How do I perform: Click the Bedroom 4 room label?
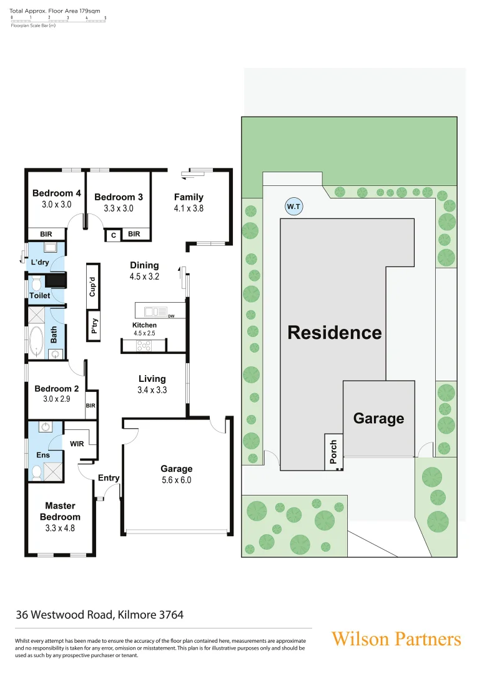point(57,193)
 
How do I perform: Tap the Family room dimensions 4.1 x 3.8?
point(189,209)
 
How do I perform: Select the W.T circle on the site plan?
point(292,206)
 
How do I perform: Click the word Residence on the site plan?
point(334,333)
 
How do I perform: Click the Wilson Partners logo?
point(396,639)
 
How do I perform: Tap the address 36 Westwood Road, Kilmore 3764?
point(100,615)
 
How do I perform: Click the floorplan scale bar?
point(58,20)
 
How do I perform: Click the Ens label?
point(43,456)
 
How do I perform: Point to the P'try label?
point(94,327)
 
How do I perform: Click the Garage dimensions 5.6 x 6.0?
point(176,480)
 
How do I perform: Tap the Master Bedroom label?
point(60,511)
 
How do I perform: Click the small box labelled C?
point(113,235)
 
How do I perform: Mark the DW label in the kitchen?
point(170,316)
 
